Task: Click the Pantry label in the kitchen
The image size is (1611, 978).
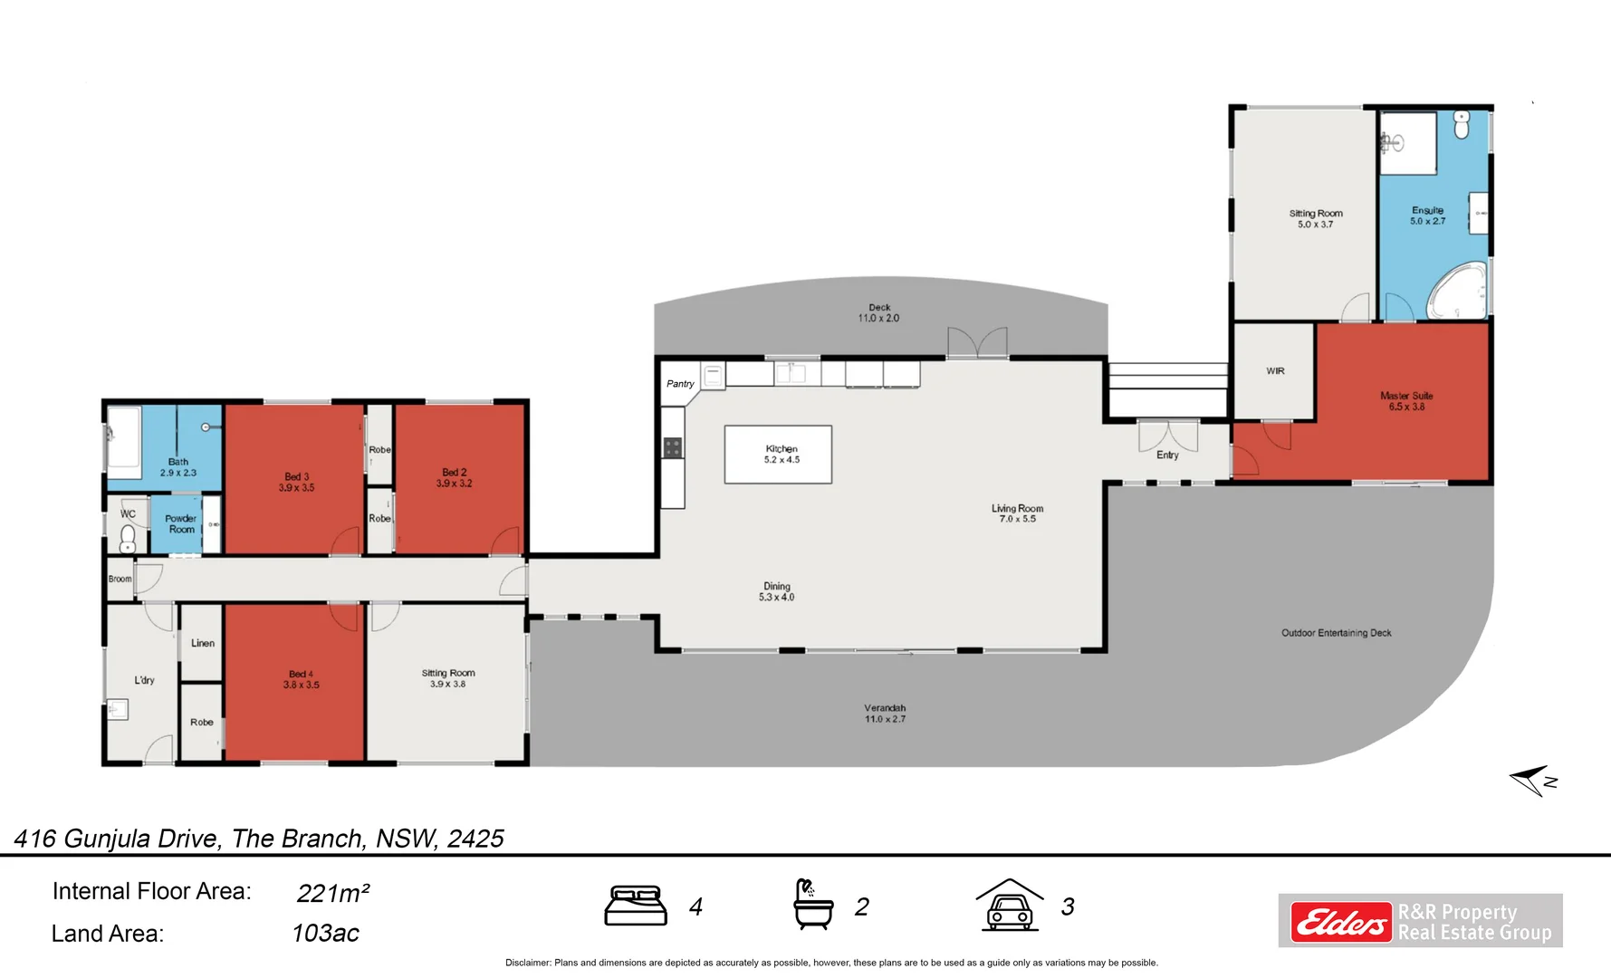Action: click(680, 384)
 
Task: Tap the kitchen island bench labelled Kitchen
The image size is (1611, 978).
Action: click(778, 454)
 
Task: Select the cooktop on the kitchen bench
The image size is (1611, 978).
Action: click(672, 447)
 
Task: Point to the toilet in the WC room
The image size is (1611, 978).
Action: click(128, 539)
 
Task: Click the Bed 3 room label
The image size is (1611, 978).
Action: click(296, 482)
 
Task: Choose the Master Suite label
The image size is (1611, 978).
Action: click(1405, 401)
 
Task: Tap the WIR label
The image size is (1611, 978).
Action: click(1275, 371)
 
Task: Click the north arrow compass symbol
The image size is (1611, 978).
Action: click(1532, 780)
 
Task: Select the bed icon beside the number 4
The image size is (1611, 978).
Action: click(636, 906)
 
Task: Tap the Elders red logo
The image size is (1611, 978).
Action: click(1340, 922)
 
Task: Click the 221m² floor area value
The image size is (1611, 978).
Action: click(332, 893)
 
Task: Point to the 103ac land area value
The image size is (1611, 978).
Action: click(325, 933)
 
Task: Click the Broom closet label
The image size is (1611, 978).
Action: click(120, 579)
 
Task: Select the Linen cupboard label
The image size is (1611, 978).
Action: click(203, 643)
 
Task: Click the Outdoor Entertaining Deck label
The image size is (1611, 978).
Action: click(1336, 633)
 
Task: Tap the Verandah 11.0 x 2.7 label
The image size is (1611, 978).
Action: click(884, 714)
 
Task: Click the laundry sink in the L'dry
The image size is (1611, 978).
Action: click(117, 709)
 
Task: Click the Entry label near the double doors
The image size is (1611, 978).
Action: click(1167, 455)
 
